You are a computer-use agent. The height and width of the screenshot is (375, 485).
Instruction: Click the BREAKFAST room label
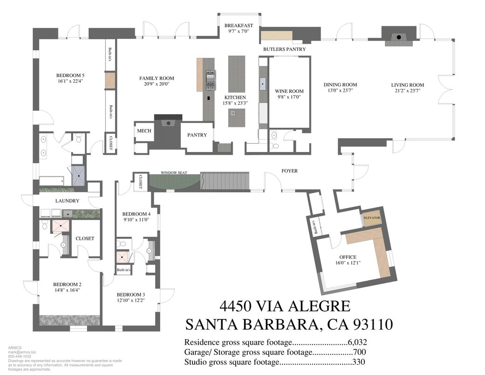pos(239,25)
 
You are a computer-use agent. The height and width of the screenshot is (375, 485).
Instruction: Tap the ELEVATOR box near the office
pos(372,218)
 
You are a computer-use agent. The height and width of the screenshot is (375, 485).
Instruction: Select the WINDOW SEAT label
pos(174,173)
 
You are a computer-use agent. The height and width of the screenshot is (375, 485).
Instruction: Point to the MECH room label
pos(144,131)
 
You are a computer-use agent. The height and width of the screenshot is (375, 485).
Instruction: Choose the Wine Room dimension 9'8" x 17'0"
pos(289,97)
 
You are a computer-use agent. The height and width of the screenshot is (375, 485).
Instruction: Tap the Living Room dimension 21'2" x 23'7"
pos(408,91)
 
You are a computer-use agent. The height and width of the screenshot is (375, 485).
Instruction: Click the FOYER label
pos(289,171)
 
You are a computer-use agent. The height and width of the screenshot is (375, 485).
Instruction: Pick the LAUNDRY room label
pos(67,201)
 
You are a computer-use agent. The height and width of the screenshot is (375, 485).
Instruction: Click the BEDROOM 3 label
pos(130,294)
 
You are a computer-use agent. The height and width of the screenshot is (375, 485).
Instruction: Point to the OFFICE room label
pos(348,257)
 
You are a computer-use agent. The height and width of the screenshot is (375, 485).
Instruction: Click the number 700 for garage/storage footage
pos(359,352)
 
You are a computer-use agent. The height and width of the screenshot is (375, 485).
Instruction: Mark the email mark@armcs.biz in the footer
pos(22,353)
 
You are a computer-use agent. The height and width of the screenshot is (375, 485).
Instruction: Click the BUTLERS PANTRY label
pos(284,49)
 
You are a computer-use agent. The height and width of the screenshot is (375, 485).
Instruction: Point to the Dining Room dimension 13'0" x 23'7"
pos(343,91)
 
